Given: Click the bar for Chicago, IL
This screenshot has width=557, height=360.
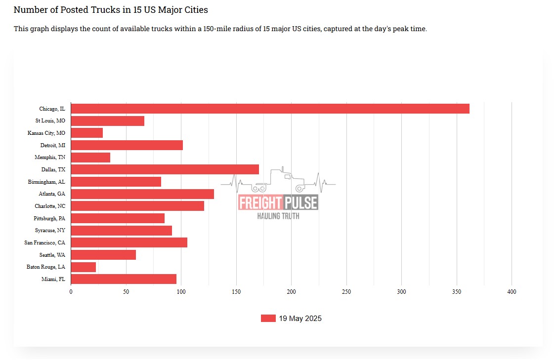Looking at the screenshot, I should tap(270, 109).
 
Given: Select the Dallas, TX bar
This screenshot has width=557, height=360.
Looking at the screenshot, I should tap(165, 169).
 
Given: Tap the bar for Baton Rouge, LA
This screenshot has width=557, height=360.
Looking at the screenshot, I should tap(84, 267).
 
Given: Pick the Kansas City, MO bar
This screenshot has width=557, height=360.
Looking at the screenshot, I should tap(87, 133).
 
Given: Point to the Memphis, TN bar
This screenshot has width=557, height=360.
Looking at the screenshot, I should tap(90, 158).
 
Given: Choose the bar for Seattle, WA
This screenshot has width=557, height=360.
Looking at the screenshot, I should tap(103, 255).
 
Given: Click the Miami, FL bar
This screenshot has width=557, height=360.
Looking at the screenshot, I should tap(124, 279).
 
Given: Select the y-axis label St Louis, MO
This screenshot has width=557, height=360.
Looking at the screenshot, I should tap(50, 121).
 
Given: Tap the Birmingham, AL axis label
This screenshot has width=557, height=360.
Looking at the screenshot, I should tap(46, 182).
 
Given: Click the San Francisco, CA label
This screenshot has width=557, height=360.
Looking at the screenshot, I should tap(44, 242).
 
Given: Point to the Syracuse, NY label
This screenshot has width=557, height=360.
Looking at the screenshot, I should tap(50, 231).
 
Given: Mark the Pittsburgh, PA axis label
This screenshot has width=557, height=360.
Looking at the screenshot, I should tap(49, 218).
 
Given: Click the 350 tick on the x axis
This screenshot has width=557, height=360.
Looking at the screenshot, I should tap(456, 292).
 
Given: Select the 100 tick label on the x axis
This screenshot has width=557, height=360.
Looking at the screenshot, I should tap(181, 292).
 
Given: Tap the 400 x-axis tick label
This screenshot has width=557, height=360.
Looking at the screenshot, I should tap(512, 292).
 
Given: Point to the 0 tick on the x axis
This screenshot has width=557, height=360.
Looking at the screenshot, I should tap(71, 292).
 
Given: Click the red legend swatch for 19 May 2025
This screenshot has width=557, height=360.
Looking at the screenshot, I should tap(268, 319).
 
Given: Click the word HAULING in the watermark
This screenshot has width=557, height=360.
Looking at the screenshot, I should tap(268, 216).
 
